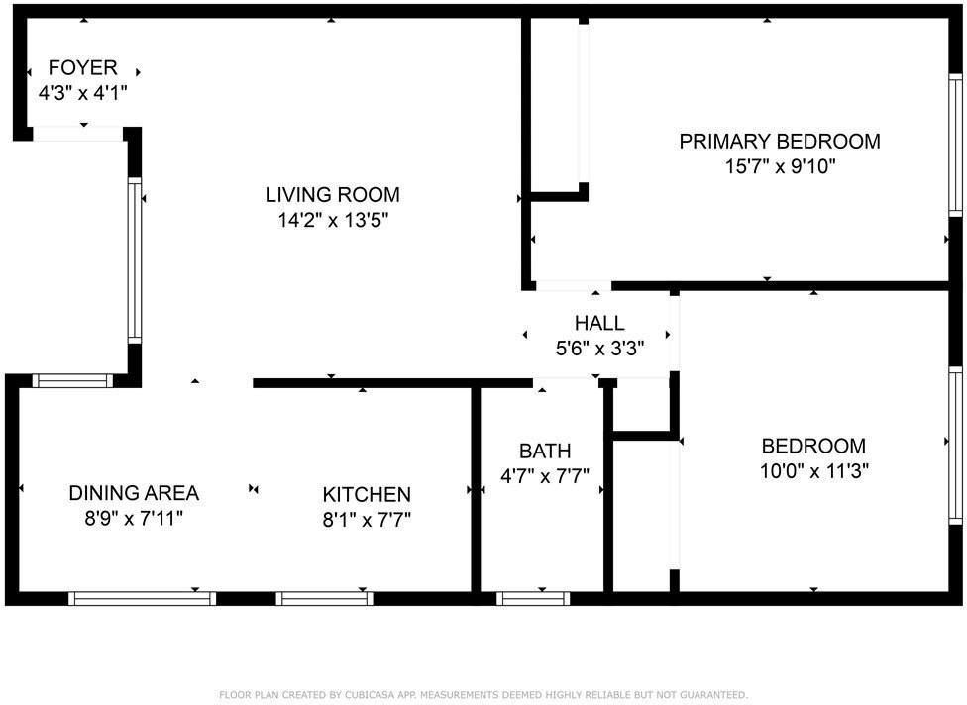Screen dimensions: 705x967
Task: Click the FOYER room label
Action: click(83, 68)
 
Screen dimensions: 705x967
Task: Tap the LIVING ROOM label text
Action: click(333, 194)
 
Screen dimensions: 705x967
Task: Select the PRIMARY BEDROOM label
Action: click(780, 141)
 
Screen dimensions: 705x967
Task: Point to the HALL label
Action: click(599, 323)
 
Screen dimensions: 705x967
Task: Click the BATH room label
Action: click(545, 452)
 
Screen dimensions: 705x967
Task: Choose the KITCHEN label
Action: click(367, 494)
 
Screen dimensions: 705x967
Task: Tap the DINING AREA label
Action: click(134, 492)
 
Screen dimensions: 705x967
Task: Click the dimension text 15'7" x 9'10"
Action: click(780, 166)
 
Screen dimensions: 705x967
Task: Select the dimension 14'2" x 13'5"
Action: click(333, 220)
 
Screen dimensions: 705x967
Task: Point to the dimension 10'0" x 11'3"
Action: click(813, 471)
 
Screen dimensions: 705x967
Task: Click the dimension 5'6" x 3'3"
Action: click(599, 349)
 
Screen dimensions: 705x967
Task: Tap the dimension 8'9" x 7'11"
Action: click(134, 517)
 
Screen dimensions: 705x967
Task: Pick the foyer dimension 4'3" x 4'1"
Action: click(83, 93)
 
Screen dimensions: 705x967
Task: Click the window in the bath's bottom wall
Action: click(533, 598)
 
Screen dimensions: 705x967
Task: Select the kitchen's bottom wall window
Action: click(325, 598)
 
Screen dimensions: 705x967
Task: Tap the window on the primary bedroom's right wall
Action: click(955, 147)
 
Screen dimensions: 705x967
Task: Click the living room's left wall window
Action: click(135, 260)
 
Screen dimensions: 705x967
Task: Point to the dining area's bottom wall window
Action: click(143, 598)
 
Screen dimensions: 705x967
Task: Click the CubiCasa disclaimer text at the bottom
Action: click(483, 695)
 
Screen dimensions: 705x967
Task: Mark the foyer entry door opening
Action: click(77, 135)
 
